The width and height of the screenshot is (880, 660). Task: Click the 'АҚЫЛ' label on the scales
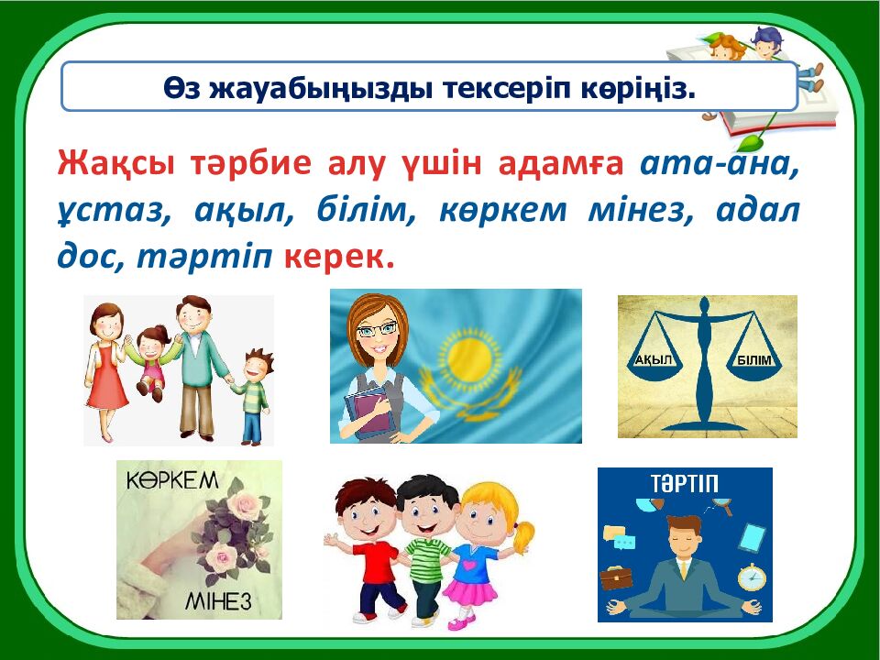(x=654, y=360)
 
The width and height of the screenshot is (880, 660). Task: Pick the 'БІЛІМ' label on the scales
(x=760, y=360)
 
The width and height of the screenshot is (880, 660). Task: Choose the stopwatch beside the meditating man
(x=752, y=577)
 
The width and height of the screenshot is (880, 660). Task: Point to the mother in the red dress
(x=109, y=367)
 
